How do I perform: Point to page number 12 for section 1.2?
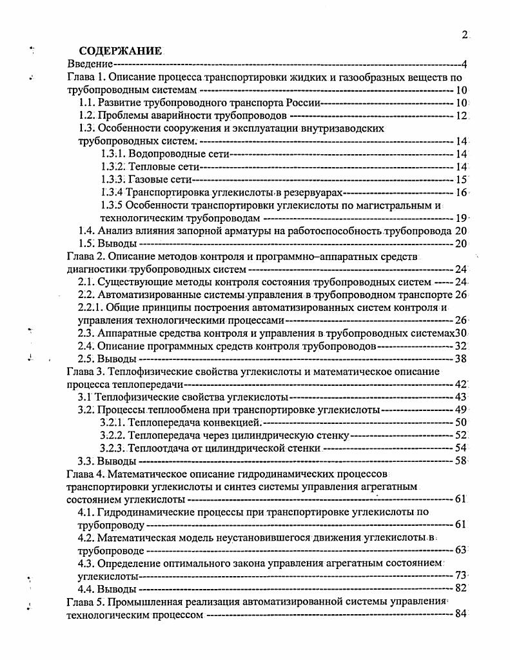[x=460, y=116]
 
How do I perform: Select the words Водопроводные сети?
[x=179, y=154]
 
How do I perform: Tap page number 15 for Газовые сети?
[x=460, y=179]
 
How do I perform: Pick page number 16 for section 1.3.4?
[x=460, y=192]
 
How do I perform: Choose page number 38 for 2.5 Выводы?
[x=460, y=358]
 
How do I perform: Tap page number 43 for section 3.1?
[x=460, y=397]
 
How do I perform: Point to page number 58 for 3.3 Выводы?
[x=460, y=461]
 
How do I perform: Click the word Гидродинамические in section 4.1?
[x=146, y=512]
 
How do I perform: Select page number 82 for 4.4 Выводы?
[x=460, y=588]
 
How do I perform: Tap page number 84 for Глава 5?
[x=460, y=614]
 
